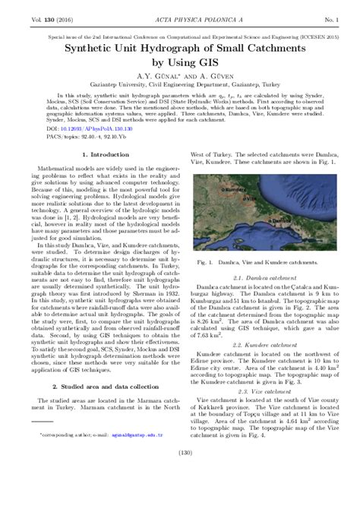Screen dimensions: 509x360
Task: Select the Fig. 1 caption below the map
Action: coord(257,262)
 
